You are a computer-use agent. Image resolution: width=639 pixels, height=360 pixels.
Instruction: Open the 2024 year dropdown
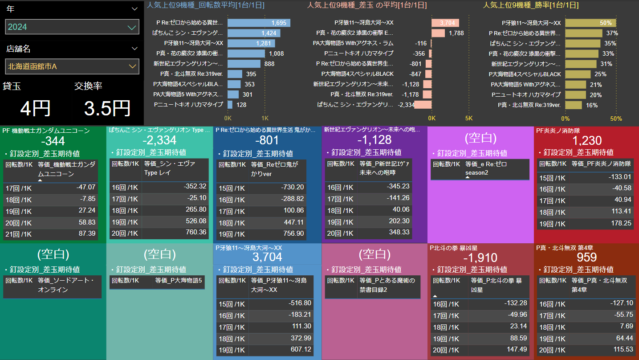[x=72, y=27]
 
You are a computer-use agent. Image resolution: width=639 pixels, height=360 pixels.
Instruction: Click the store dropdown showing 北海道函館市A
[x=72, y=66]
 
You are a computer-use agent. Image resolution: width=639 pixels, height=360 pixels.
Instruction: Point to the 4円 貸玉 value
[x=35, y=109]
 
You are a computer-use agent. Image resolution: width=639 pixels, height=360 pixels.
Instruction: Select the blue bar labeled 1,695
[x=259, y=23]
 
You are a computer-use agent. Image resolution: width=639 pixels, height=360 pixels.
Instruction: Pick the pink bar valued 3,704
[x=445, y=23]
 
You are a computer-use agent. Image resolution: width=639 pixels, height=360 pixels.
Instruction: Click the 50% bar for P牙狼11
[x=590, y=23]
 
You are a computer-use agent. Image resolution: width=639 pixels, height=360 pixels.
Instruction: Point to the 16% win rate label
[x=592, y=105]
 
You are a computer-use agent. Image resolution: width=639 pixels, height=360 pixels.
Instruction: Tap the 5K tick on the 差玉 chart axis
[x=468, y=119]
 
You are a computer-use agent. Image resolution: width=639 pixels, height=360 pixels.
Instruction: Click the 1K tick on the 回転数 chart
[x=265, y=119]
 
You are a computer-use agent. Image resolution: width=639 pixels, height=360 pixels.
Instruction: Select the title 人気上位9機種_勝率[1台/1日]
[x=531, y=5]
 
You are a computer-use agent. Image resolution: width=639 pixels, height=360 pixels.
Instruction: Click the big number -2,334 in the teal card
[x=159, y=140]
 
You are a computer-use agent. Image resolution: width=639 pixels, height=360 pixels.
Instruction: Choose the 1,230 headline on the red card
[x=587, y=140]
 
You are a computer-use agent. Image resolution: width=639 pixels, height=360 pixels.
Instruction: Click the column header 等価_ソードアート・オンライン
[x=66, y=285]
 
